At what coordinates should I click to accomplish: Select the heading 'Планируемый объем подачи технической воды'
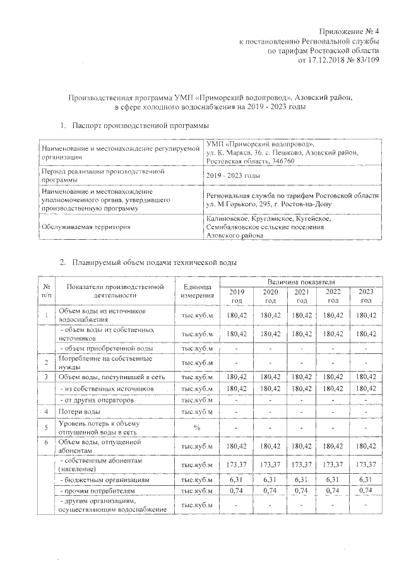click(155, 262)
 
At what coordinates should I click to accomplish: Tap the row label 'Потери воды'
click(79, 412)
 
